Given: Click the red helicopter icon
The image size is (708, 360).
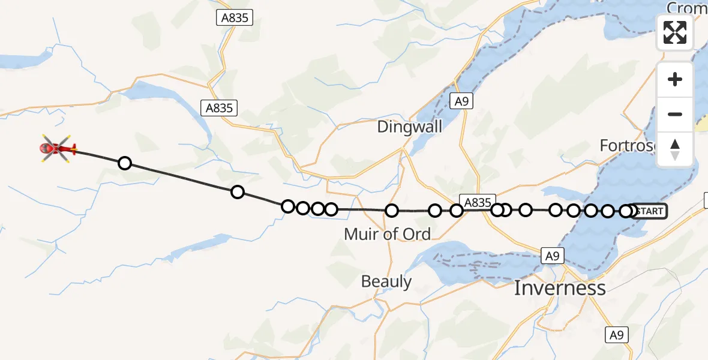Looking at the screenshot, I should tap(58, 148).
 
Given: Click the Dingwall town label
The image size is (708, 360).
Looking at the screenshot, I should tap(410, 127).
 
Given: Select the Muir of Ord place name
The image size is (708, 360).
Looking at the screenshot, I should tap(387, 234).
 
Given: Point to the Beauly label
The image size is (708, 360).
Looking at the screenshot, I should tap(386, 281).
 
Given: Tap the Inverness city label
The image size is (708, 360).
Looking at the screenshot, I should tap(559, 288).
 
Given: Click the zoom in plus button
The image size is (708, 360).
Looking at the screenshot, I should tap(675, 80).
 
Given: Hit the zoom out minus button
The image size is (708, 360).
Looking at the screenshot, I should tap(675, 114).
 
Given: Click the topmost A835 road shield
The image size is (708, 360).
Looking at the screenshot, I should tap(235, 18).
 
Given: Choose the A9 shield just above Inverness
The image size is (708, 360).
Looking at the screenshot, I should tap(552, 256).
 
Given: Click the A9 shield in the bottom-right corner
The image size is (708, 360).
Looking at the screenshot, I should tap(617, 335).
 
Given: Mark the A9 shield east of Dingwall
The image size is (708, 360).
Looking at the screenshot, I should tap(461, 101).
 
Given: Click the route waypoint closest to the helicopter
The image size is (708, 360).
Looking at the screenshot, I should tap(124, 163).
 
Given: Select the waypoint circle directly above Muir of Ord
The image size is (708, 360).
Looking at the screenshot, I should tap(392, 211).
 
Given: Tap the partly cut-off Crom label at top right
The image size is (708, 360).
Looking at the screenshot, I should tap(686, 8).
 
